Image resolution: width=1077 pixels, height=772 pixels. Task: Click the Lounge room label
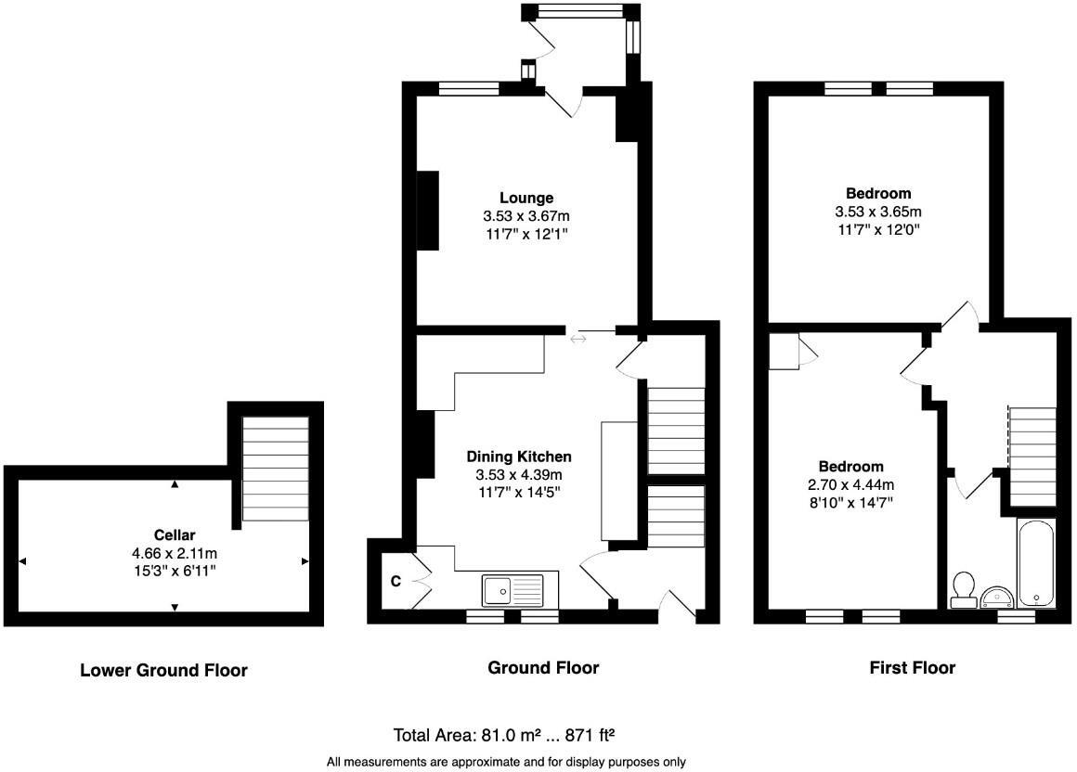526,198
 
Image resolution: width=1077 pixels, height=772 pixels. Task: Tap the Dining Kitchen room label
518,457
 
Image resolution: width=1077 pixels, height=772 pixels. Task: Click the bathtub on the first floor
1034,562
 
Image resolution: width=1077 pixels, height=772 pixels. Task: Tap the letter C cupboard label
395,582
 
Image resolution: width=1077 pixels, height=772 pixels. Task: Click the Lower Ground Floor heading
163,670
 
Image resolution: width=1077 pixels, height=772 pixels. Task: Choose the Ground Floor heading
543,668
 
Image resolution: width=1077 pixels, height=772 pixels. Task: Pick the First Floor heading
912,668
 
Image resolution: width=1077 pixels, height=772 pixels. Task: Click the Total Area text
504,736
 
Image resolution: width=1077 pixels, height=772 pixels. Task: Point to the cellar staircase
275,469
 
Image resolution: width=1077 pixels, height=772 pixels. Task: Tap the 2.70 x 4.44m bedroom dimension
850,484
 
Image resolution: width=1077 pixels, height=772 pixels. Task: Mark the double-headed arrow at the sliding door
577,340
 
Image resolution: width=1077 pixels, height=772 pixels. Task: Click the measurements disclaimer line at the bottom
506,763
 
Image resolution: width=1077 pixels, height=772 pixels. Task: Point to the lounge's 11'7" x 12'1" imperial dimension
526,234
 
